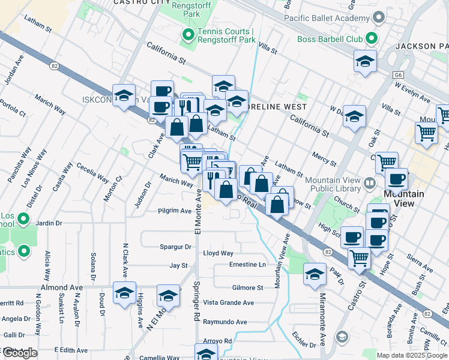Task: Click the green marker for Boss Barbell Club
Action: point(372,40)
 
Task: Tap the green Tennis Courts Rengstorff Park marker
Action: point(187,35)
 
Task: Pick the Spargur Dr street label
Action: point(175,247)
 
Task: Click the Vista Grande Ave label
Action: point(228,303)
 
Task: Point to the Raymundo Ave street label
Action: point(225,322)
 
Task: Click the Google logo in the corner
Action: point(20,353)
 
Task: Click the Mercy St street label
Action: point(324,156)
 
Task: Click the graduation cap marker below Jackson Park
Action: point(365,61)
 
